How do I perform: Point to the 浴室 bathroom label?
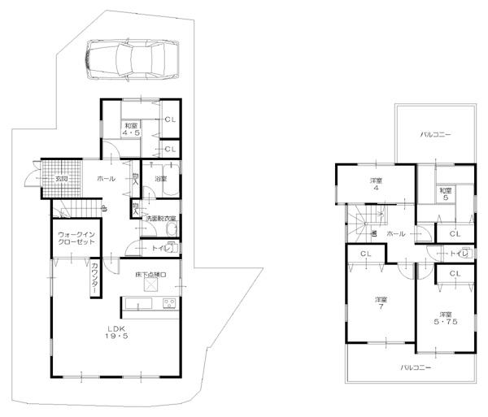coord(160,179)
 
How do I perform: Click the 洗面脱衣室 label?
coord(161,219)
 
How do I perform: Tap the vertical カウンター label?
coord(96,275)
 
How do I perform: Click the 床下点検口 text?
coord(150,276)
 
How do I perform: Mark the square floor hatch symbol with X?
coord(151,286)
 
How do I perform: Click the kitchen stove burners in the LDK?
coord(168,304)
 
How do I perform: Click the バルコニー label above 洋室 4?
coord(436,134)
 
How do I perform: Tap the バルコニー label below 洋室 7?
coord(415,367)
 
